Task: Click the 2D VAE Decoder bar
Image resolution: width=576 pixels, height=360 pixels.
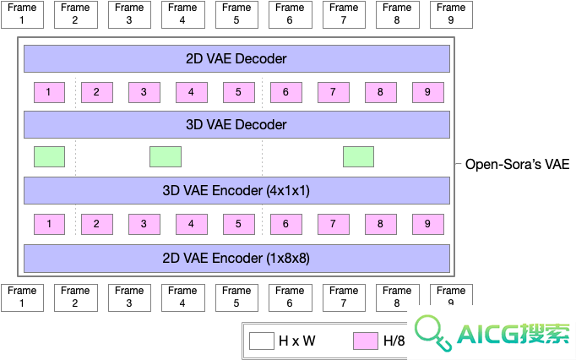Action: click(x=236, y=58)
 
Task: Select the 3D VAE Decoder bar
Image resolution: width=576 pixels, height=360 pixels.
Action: click(x=236, y=125)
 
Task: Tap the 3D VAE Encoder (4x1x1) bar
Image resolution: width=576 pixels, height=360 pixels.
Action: click(x=236, y=190)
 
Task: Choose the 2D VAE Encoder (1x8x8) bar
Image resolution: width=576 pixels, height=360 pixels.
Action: click(x=236, y=258)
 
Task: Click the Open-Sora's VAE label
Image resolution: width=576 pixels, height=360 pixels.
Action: click(x=517, y=164)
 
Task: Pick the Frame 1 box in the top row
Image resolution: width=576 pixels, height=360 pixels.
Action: click(x=22, y=14)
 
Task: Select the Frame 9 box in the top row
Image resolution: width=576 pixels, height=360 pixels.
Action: click(x=451, y=14)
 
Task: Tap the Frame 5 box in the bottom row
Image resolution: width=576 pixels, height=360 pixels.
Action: click(x=236, y=297)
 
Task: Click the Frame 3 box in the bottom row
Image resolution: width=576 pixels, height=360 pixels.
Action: click(x=129, y=297)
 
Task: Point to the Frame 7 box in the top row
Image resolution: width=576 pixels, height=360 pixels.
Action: click(x=344, y=14)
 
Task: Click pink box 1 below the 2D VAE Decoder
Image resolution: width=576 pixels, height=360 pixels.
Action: click(x=49, y=92)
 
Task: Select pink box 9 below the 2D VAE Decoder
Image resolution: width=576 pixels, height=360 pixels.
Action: click(x=428, y=92)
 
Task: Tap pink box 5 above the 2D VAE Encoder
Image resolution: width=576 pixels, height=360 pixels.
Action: click(x=239, y=224)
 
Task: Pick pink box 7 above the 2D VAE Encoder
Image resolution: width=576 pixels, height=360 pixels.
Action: click(x=333, y=224)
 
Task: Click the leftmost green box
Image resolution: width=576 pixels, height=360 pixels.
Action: click(x=49, y=156)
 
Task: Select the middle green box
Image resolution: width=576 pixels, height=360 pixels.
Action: click(x=166, y=156)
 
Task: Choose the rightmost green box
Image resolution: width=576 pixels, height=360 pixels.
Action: click(x=359, y=156)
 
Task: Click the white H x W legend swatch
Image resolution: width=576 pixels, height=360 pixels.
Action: click(x=262, y=341)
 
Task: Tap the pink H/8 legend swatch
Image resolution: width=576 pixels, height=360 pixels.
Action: click(x=366, y=341)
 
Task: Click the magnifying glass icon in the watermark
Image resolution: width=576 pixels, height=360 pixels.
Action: click(x=432, y=332)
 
